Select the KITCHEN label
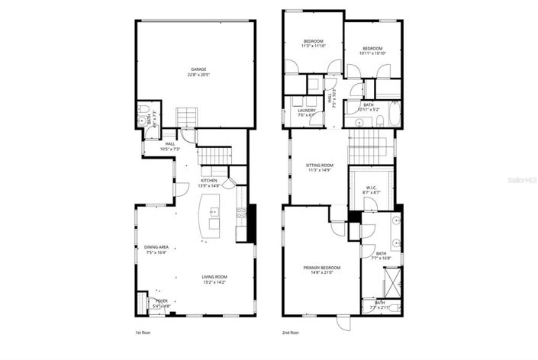click(209, 180)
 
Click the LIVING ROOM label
click(214, 276)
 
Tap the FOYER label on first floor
click(162, 301)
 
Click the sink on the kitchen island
click(214, 211)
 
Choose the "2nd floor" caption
click(291, 333)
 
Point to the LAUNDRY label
click(307, 111)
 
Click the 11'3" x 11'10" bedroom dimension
click(314, 46)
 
